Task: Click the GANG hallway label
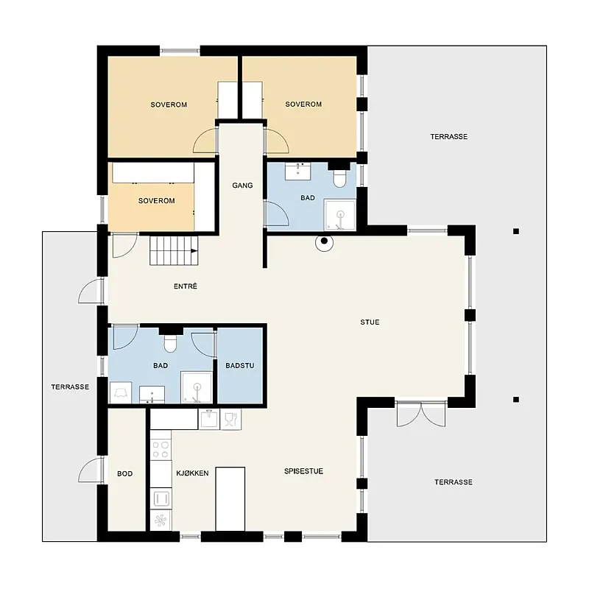pyautogui.click(x=242, y=186)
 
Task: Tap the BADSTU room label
pyautogui.click(x=240, y=365)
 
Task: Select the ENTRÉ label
pyautogui.click(x=186, y=286)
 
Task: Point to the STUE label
pyautogui.click(x=370, y=322)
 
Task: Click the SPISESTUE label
pyautogui.click(x=303, y=471)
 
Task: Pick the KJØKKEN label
pyautogui.click(x=192, y=473)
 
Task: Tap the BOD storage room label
pyautogui.click(x=124, y=473)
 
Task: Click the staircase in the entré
pyautogui.click(x=174, y=250)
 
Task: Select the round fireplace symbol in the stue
pyautogui.click(x=324, y=241)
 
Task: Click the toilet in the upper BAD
pyautogui.click(x=339, y=178)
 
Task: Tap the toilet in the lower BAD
pyautogui.click(x=170, y=343)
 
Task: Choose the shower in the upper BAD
pyautogui.click(x=339, y=215)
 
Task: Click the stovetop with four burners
pyautogui.click(x=161, y=450)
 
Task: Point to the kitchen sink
pyautogui.click(x=209, y=419)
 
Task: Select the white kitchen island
pyautogui.click(x=230, y=499)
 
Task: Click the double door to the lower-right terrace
pyautogui.click(x=420, y=414)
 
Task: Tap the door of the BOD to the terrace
pyautogui.click(x=91, y=470)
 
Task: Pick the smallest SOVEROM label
pyautogui.click(x=157, y=201)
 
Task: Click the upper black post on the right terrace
pyautogui.click(x=516, y=231)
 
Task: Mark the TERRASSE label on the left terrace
pyautogui.click(x=70, y=387)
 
